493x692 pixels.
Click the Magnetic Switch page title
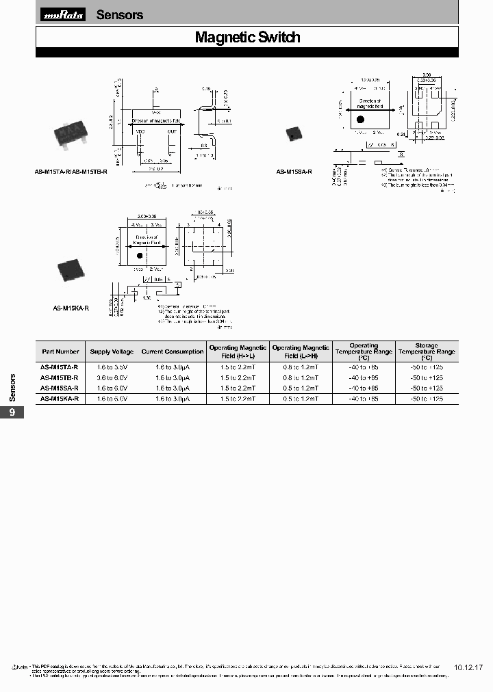pyautogui.click(x=247, y=38)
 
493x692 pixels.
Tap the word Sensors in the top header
pyautogui.click(x=120, y=15)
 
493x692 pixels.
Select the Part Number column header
pyautogui.click(x=60, y=351)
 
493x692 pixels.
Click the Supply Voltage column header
pyautogui.click(x=112, y=351)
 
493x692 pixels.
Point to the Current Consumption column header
pyautogui.click(x=173, y=351)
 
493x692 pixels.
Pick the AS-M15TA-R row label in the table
pyautogui.click(x=60, y=367)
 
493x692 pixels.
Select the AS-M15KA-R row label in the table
pyautogui.click(x=60, y=398)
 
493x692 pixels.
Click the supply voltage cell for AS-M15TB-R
pyautogui.click(x=112, y=377)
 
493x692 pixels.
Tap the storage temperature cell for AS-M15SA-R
pyautogui.click(x=426, y=388)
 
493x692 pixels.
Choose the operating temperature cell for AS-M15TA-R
pyautogui.click(x=364, y=367)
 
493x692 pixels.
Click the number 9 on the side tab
pyautogui.click(x=12, y=412)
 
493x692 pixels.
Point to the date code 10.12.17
pyautogui.click(x=468, y=667)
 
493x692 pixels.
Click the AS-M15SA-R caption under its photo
pyautogui.click(x=294, y=172)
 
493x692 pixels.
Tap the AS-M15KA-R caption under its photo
pyautogui.click(x=71, y=308)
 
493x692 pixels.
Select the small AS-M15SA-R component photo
pyautogui.click(x=295, y=133)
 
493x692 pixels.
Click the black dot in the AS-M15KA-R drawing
pyautogui.click(x=139, y=255)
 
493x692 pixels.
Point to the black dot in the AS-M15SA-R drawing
pyautogui.click(x=360, y=120)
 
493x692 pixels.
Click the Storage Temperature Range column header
pyautogui.click(x=426, y=351)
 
